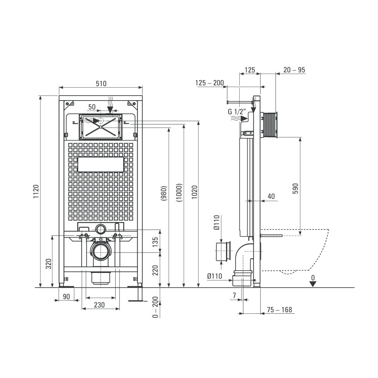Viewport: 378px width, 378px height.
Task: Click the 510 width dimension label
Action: coord(101,84)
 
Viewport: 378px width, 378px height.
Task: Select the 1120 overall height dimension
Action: coord(36,191)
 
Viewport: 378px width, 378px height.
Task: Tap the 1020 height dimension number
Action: coord(195,192)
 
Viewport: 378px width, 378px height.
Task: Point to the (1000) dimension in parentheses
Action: coord(179,193)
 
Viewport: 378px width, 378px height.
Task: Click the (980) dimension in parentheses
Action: coord(164,193)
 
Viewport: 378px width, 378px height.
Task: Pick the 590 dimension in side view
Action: coord(295,189)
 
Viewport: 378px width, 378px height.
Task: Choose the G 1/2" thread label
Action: coord(237,112)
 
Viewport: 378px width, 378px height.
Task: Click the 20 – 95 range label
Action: coord(294,70)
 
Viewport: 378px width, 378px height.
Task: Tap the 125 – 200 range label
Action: coord(209,83)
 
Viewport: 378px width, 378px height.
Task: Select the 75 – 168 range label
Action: coord(279,310)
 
